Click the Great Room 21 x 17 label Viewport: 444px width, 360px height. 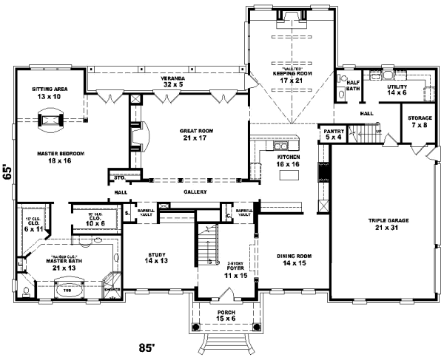coord(191,134)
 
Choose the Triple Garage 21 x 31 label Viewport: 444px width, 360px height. coord(384,224)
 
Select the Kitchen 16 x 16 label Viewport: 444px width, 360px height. coord(288,162)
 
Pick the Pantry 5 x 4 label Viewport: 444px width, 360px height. coord(333,134)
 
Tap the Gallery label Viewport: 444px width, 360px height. coord(195,191)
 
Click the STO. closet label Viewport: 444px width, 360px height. coord(118,177)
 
